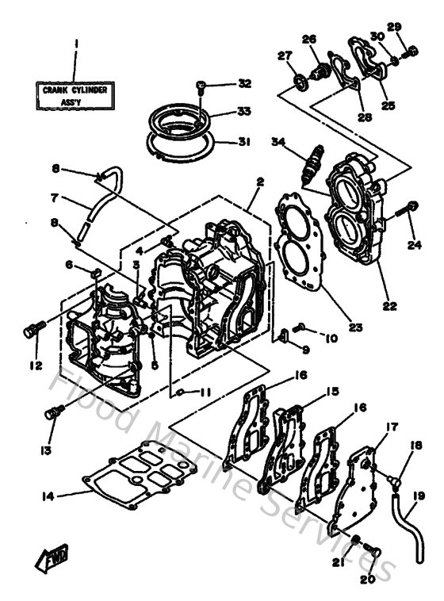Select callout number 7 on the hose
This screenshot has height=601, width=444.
pos(55,197)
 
